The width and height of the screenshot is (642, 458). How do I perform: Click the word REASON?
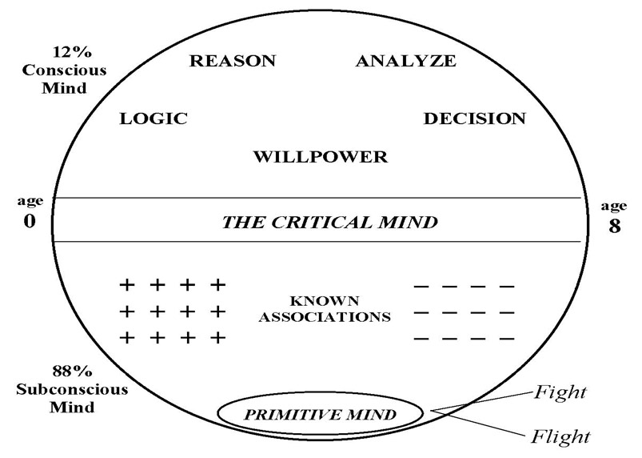(x=232, y=61)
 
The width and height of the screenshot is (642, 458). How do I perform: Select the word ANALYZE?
(x=405, y=61)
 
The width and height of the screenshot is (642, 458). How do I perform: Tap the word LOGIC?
(x=154, y=119)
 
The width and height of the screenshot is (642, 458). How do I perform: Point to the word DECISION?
(x=474, y=119)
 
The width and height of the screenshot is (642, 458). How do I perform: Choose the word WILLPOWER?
(x=320, y=157)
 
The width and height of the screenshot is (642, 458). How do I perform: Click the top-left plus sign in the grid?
(x=126, y=284)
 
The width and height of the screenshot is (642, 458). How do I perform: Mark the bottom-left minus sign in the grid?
(x=423, y=339)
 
